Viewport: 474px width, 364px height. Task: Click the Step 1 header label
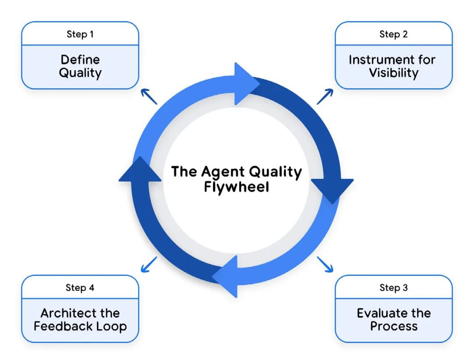click(x=80, y=35)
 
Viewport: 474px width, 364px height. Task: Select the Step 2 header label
click(x=394, y=35)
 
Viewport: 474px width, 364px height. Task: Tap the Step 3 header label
click(x=394, y=288)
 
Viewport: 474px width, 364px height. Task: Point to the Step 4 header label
click(x=80, y=288)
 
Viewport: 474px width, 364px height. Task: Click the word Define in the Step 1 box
click(x=80, y=60)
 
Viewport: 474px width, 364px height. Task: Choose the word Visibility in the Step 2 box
click(x=394, y=73)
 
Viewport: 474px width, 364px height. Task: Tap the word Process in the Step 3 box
click(x=394, y=326)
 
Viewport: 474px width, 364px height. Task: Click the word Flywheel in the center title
click(x=237, y=187)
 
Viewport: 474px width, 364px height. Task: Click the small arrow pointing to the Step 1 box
click(x=149, y=96)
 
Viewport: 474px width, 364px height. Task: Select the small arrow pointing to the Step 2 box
click(x=325, y=96)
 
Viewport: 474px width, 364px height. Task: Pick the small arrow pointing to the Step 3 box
click(x=325, y=264)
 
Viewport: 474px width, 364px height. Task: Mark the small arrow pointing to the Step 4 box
click(x=149, y=264)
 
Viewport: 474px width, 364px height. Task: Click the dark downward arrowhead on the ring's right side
click(x=332, y=190)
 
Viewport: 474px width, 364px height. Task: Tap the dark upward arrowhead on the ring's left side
click(x=140, y=170)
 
